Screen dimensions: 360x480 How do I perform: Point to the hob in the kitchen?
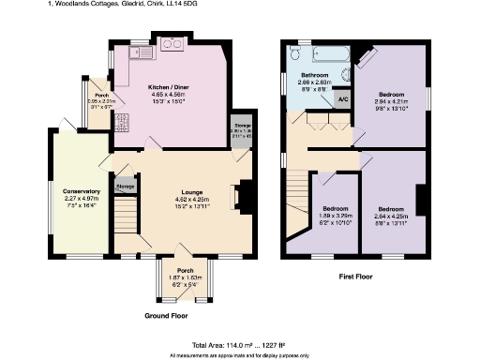click(172, 43)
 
